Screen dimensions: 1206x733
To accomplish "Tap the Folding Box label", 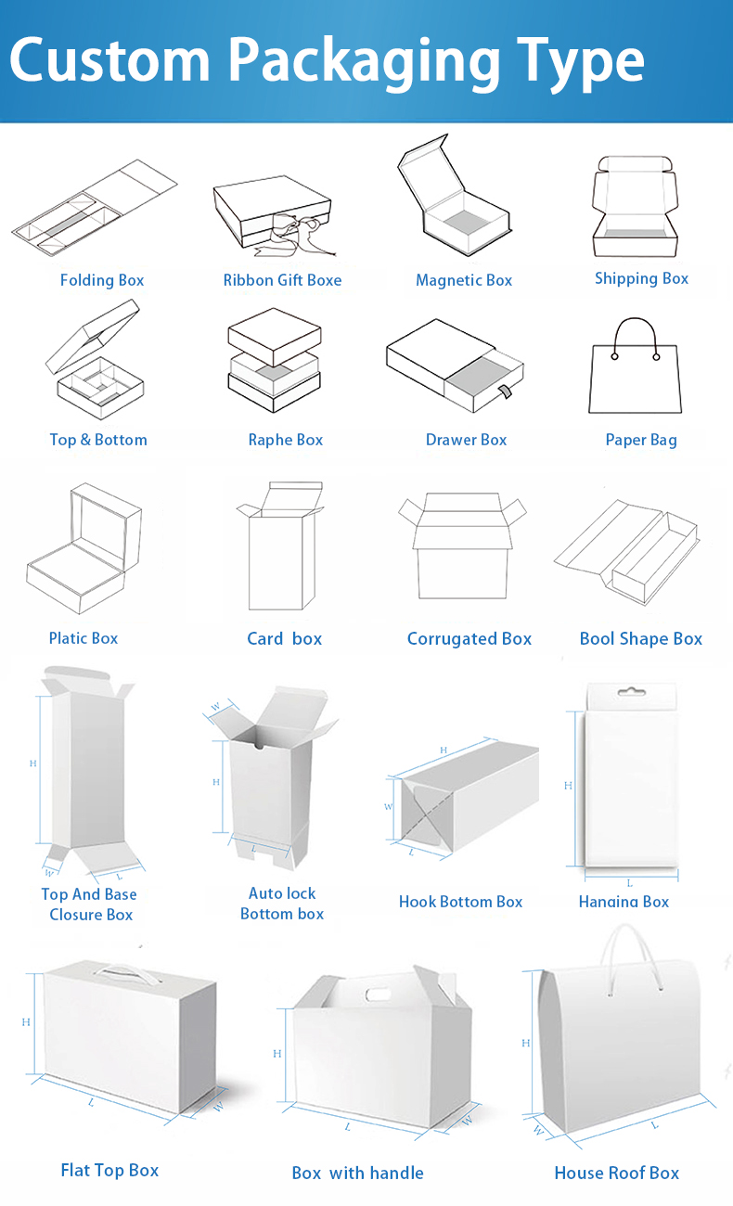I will tap(102, 280).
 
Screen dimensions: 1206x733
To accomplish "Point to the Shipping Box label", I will tap(641, 278).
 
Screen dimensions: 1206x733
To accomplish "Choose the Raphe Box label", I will tap(286, 440).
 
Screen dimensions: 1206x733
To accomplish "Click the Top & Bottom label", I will tap(98, 440).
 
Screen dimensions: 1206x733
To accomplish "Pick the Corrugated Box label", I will tap(469, 638).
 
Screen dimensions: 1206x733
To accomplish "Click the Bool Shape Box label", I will tap(641, 638).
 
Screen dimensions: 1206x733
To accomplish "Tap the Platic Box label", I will tap(84, 638).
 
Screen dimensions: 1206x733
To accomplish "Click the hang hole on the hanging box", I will tap(630, 692).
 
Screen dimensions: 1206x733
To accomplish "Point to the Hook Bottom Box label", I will tap(460, 902).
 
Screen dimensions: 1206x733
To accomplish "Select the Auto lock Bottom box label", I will tap(282, 904).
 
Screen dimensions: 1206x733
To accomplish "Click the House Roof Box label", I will tap(617, 1173).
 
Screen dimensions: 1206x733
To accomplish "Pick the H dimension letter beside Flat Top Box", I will tap(27, 1021).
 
